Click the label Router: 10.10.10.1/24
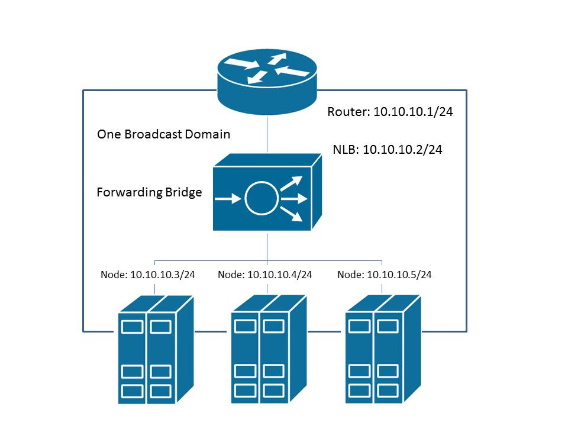(390, 112)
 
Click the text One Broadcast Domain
(163, 134)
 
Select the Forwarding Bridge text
(149, 192)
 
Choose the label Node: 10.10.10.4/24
(264, 275)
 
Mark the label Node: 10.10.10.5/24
(385, 275)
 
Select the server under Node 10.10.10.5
(383, 349)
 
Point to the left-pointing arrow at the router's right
(291, 72)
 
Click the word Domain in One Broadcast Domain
(206, 134)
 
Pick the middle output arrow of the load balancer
(294, 199)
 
